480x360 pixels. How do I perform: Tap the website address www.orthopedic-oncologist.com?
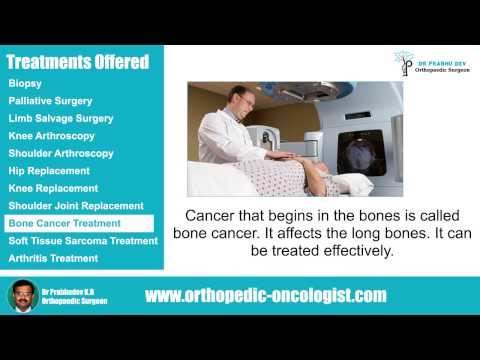(x=265, y=296)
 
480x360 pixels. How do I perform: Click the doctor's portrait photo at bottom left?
(x=24, y=298)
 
